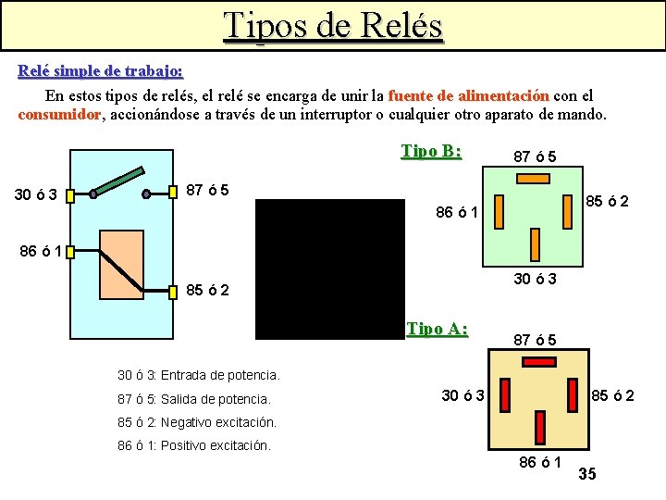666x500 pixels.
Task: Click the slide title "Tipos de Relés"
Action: coord(334,26)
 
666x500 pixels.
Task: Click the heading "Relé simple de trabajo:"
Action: coord(101,71)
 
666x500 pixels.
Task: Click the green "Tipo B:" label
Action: coord(431,151)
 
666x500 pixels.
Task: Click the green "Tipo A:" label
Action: coord(438,329)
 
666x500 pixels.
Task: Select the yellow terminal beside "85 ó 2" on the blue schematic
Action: coord(173,293)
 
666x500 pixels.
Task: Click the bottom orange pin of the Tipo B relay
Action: coord(535,244)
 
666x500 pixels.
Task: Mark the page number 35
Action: coord(586,475)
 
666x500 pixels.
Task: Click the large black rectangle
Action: coord(329,269)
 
